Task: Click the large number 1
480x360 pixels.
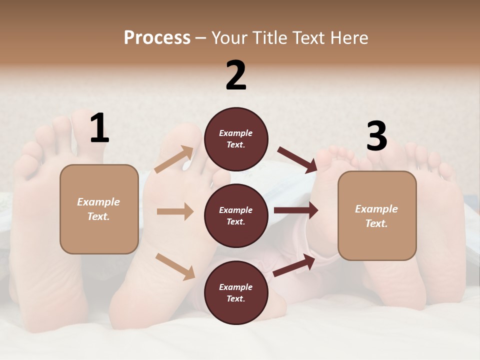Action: [x=99, y=128]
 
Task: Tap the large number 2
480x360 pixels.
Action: [x=236, y=75]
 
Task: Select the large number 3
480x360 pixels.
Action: [x=376, y=136]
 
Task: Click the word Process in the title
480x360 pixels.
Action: [x=157, y=37]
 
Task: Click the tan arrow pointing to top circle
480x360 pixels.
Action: [x=174, y=159]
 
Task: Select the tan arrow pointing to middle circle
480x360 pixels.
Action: [x=175, y=211]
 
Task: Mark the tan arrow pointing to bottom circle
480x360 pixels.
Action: [x=175, y=266]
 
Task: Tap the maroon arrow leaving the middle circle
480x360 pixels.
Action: [x=295, y=210]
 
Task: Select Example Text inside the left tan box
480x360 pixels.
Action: [x=98, y=209]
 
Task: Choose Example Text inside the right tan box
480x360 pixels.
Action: [x=376, y=216]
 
